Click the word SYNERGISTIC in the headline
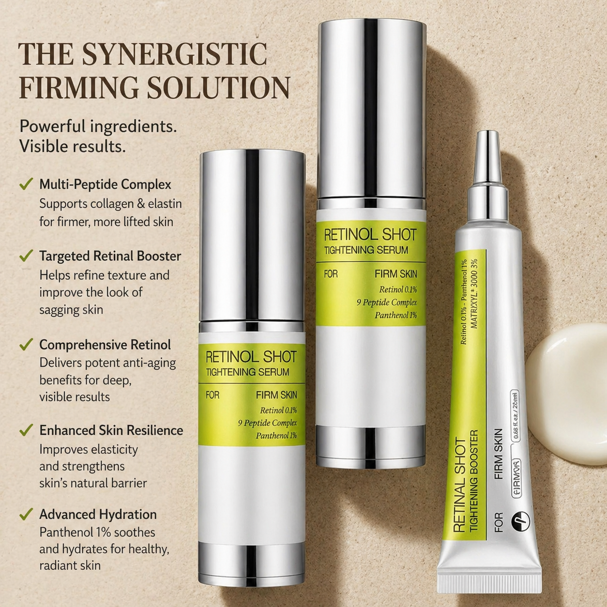click(174, 54)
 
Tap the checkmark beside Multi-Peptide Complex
click(26, 184)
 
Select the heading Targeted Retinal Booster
click(110, 256)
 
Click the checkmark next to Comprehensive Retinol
click(26, 345)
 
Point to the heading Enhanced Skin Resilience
click(111, 430)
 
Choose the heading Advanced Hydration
click(98, 514)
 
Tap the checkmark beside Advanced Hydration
click(26, 514)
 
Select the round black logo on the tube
click(520, 521)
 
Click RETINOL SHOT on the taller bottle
click(370, 235)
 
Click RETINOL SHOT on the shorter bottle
click(251, 357)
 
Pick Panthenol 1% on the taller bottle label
click(395, 316)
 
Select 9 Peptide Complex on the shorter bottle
click(267, 423)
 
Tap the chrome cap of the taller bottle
click(372, 106)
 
